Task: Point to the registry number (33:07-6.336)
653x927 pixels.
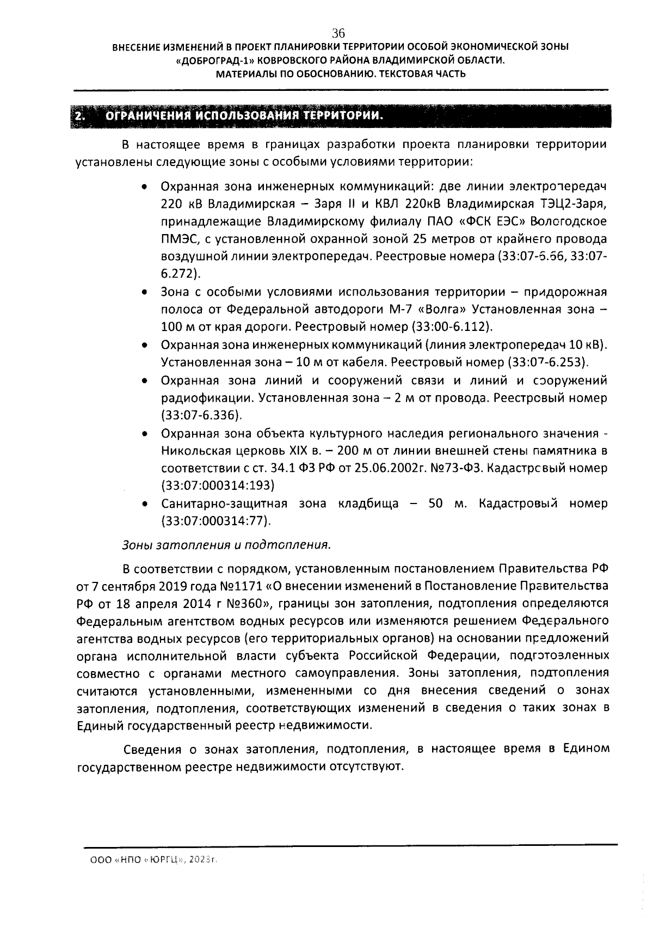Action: coord(201,415)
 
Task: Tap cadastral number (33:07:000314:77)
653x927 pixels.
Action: coord(216,521)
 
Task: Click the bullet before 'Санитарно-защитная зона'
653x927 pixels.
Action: coord(144,504)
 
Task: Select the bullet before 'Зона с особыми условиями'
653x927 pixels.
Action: coord(144,292)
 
